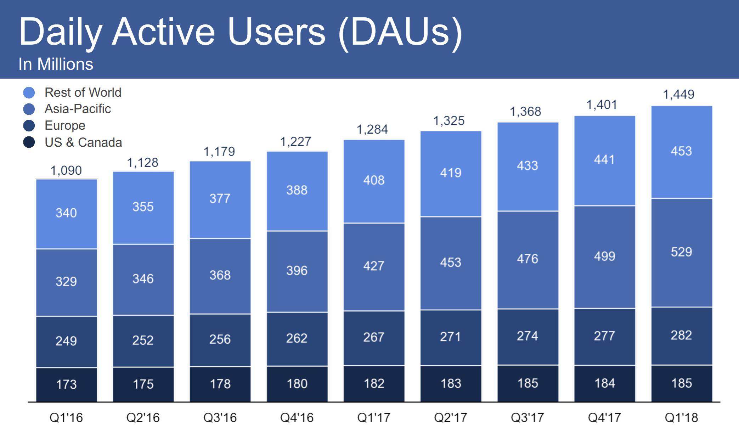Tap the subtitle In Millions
point(56,64)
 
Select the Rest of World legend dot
point(29,92)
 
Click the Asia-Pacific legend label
point(78,109)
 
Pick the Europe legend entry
point(65,125)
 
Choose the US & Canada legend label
point(83,142)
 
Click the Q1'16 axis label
point(66,418)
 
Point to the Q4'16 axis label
point(297,418)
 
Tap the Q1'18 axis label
point(681,418)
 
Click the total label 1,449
point(678,94)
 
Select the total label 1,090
point(66,170)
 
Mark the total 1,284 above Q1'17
point(372,129)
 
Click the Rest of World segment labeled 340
point(66,213)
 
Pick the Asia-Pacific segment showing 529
point(681,252)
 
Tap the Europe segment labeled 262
point(297,338)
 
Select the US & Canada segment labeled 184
point(604,383)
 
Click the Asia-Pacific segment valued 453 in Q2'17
point(451,263)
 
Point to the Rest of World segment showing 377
point(220,198)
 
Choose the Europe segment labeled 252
point(143,340)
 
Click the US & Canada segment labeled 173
point(66,384)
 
